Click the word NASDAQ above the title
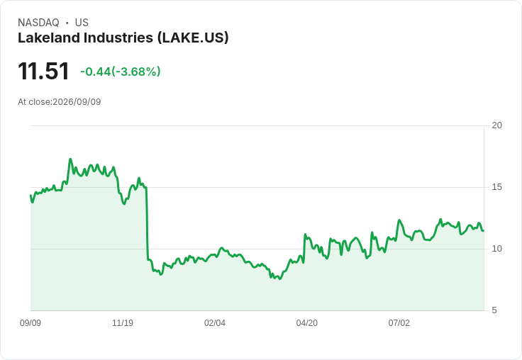[x=38, y=23]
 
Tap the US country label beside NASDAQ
[x=82, y=23]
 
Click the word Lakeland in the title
[x=49, y=38]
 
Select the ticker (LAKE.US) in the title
[x=193, y=38]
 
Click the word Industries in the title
[x=118, y=38]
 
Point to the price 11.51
[x=43, y=71]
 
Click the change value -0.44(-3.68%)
[x=121, y=72]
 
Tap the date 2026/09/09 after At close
[x=77, y=102]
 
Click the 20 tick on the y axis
[x=496, y=125]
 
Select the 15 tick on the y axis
[x=496, y=187]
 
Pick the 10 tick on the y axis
[x=496, y=249]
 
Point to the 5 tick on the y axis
[x=494, y=310]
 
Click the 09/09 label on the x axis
[x=30, y=323]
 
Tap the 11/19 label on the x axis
[x=123, y=323]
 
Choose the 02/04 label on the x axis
[x=215, y=323]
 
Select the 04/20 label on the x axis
[x=307, y=323]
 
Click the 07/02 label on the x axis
[x=399, y=323]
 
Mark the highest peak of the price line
[x=70, y=159]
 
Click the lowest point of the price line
[x=279, y=279]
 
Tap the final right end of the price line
[x=484, y=230]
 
